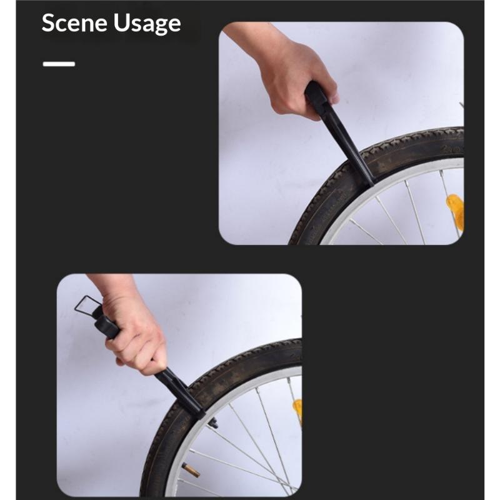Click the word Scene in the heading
[74, 22]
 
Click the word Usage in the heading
[147, 24]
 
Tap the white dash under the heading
[59, 64]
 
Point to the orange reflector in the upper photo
[455, 211]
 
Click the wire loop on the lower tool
[87, 306]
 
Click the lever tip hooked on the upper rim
[370, 182]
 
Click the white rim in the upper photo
[382, 182]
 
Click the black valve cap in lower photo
[213, 423]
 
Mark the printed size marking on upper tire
[452, 148]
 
